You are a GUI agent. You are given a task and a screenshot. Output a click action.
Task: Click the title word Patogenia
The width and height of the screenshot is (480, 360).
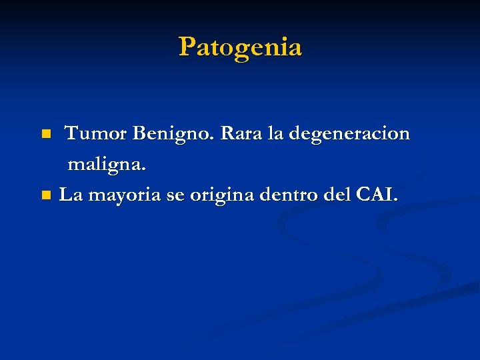(240, 47)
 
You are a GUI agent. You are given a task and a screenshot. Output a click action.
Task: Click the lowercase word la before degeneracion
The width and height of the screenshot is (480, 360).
(275, 134)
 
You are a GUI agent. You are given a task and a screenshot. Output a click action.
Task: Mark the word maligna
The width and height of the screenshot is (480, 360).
(105, 165)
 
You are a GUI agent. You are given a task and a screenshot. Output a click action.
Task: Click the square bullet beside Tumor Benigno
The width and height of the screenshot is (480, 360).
(45, 135)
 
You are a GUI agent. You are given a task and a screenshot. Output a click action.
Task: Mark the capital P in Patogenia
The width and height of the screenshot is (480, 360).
(187, 47)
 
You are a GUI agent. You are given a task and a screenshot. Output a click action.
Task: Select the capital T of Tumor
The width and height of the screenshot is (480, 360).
(71, 134)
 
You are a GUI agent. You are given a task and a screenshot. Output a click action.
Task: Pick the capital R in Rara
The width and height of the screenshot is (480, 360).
(227, 134)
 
